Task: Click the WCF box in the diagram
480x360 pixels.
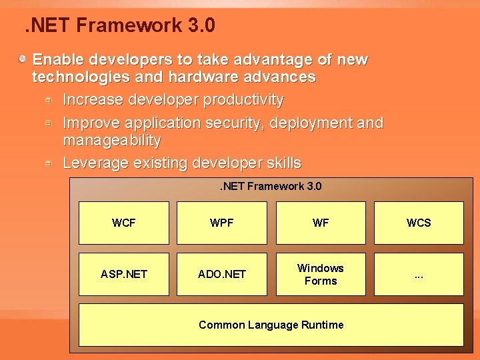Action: tap(124, 223)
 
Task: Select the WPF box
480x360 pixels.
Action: tap(221, 223)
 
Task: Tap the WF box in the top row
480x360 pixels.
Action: tap(321, 223)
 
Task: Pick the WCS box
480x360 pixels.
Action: tap(419, 223)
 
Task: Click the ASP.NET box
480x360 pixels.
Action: tap(124, 274)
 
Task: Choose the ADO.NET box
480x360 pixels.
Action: tap(221, 274)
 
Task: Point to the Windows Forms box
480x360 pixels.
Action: tap(321, 274)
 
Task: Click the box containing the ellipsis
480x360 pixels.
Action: tap(419, 274)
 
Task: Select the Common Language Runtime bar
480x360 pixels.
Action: tap(271, 325)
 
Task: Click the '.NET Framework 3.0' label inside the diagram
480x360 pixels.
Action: tap(271, 186)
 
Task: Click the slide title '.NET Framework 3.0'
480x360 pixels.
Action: tap(119, 26)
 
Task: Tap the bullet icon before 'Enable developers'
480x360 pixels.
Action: tap(23, 59)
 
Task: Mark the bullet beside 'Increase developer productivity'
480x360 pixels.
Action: tap(49, 100)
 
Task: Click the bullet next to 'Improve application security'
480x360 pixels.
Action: tap(49, 123)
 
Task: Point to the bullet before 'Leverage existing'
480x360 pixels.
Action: tap(49, 163)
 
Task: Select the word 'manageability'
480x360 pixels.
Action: tap(111, 140)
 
